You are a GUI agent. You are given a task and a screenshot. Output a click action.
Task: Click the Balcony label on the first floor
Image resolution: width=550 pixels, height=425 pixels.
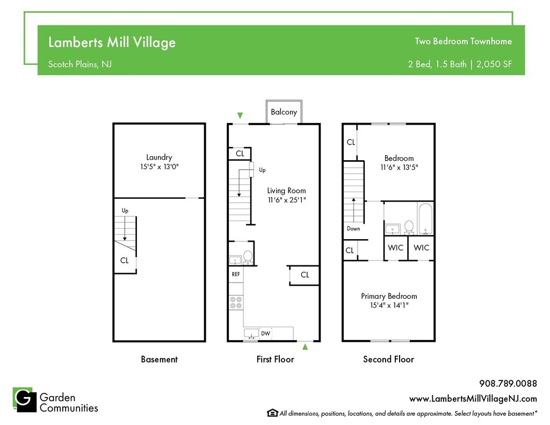tap(284, 112)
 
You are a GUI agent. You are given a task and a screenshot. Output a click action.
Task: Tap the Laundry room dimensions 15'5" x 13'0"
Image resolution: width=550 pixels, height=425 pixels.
tap(159, 167)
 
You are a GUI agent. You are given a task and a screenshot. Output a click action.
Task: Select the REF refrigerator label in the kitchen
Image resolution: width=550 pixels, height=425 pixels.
tap(236, 274)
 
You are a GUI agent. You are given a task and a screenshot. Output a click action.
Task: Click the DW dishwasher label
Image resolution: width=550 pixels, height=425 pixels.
tap(265, 334)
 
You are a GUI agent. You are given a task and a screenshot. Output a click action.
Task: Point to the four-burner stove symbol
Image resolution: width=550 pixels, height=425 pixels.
tap(236, 302)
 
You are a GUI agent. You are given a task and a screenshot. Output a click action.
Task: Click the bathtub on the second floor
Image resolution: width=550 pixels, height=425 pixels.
tap(425, 219)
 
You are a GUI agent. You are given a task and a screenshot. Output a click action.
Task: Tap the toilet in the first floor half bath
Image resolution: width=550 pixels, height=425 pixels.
tap(248, 257)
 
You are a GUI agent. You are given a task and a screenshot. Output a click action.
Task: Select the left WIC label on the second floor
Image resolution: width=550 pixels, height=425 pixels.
tap(395, 248)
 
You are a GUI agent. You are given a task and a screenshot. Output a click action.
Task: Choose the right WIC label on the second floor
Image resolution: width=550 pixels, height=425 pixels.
tap(421, 248)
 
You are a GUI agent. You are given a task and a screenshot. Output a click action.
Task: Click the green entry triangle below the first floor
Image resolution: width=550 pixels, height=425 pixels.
tap(305, 347)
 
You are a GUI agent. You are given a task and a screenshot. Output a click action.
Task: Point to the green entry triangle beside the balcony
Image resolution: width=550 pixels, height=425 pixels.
tap(240, 116)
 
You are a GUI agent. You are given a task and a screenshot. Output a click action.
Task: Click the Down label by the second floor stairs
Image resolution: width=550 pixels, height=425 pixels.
tap(353, 228)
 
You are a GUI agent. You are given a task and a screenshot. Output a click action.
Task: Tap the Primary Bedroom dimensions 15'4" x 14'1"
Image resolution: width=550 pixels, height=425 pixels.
tap(389, 305)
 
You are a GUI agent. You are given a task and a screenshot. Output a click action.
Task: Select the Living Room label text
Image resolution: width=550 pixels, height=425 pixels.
tap(286, 191)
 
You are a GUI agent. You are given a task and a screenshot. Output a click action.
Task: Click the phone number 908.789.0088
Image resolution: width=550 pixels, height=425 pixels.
tap(508, 383)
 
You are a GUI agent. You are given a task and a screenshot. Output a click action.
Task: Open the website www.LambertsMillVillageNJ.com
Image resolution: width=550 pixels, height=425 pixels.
tap(473, 399)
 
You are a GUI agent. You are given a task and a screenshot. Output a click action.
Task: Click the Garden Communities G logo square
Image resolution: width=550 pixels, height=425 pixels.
tap(25, 399)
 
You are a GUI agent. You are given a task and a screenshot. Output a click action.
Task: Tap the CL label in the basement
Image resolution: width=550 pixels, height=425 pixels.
tap(124, 261)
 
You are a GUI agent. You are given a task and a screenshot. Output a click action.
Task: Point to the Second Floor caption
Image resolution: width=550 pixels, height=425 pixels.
tap(389, 359)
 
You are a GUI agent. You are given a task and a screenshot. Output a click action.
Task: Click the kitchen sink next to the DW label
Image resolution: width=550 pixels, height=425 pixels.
tap(251, 334)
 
